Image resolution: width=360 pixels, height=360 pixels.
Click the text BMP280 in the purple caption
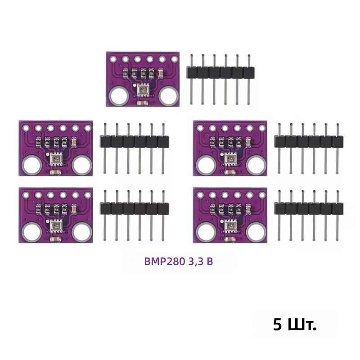tap(165, 261)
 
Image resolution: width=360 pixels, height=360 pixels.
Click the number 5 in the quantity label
tap(278, 324)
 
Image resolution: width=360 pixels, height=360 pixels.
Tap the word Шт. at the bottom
tap(301, 324)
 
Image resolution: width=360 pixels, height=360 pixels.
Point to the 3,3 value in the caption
tap(196, 261)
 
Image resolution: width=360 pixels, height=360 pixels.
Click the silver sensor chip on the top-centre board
tap(143, 90)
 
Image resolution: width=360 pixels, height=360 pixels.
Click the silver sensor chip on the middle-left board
tap(56, 158)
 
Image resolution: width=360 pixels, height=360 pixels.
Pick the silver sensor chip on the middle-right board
tap(230, 158)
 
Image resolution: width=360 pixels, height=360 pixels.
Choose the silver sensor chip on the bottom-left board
tap(56, 225)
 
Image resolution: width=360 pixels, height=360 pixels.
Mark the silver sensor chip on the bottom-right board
tap(230, 225)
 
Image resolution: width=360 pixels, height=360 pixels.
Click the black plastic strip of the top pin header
tap(220, 72)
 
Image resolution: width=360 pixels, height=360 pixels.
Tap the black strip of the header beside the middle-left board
tap(134, 142)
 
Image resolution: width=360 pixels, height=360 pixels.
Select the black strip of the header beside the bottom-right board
tap(309, 209)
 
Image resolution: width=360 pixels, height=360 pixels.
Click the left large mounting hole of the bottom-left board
tap(32, 232)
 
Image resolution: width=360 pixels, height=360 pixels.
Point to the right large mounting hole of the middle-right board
tap(256, 165)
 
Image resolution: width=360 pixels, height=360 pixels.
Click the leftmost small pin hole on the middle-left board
tap(26, 128)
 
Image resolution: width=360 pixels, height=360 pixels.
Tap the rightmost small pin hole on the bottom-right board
tap(262, 195)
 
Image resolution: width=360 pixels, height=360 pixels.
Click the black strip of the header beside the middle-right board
tap(309, 142)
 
